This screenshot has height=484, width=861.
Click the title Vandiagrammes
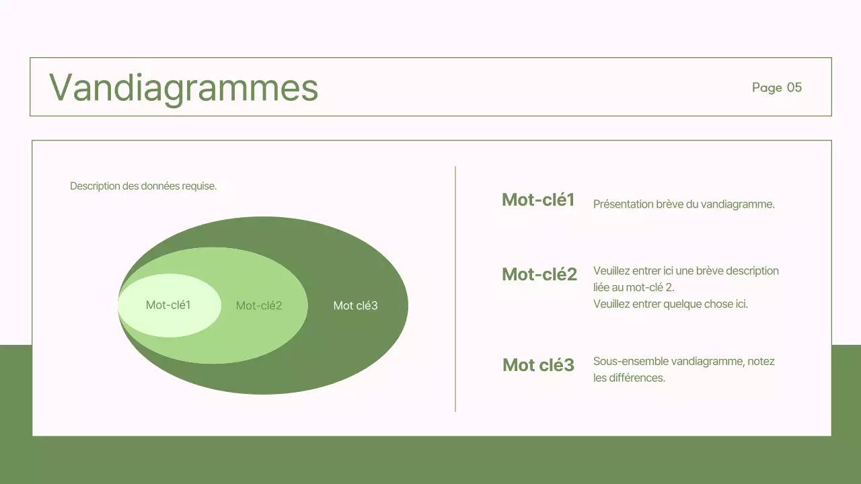[x=184, y=87]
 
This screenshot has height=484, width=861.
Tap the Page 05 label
[x=777, y=87]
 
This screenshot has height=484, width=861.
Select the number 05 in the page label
[x=794, y=87]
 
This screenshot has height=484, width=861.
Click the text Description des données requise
[x=143, y=186]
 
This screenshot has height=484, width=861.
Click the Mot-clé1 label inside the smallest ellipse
[x=168, y=305]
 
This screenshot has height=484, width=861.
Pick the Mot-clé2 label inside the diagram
[x=259, y=306]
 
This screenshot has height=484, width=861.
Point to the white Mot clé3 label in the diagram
[x=355, y=306]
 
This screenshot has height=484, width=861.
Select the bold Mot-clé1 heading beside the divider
[x=538, y=200]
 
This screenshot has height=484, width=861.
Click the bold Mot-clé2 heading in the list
[x=539, y=274]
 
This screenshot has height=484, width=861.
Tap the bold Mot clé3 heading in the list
[x=538, y=365]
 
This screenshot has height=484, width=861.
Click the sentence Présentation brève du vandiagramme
[x=683, y=204]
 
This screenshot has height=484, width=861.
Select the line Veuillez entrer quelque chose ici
[x=670, y=304]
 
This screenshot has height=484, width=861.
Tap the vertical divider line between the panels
[x=455, y=289]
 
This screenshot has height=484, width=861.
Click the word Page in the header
[x=767, y=87]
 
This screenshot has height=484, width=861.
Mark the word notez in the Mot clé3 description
[x=761, y=362]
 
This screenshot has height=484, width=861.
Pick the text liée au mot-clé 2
[x=633, y=288]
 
